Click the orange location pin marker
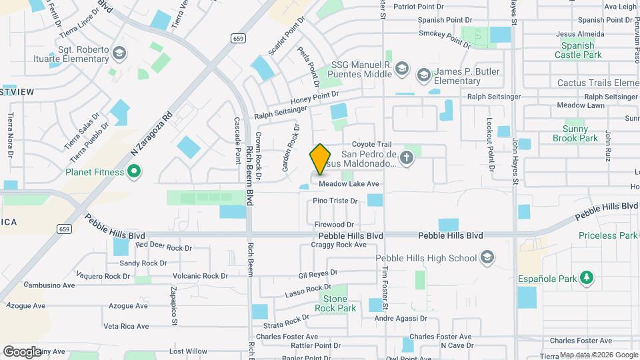(320, 159)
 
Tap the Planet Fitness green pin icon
(133, 172)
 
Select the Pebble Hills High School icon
(488, 258)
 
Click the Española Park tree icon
(586, 277)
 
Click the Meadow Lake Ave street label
(349, 184)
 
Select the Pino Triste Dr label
(335, 200)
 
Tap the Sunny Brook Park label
(575, 133)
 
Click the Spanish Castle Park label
(577, 50)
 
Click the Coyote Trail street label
(372, 144)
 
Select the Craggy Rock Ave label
(339, 245)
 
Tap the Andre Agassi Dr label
(400, 319)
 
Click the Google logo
(22, 351)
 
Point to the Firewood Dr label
(334, 225)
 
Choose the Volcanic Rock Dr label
(200, 276)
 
